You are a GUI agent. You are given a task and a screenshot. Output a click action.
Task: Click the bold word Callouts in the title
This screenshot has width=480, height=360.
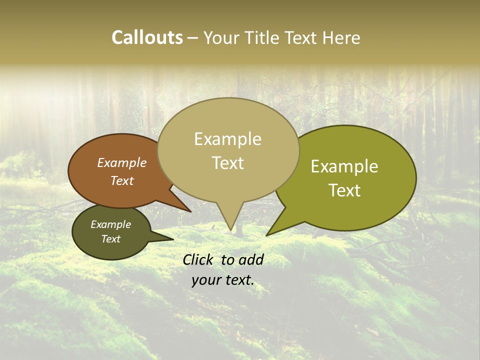(147, 37)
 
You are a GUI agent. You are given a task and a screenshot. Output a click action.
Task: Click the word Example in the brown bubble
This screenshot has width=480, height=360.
(121, 163)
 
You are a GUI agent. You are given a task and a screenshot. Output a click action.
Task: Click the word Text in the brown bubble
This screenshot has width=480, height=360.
(121, 181)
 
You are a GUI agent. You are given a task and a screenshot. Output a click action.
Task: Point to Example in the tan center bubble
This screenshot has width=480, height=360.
(227, 139)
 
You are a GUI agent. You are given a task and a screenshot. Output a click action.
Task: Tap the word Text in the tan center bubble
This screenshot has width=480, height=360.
(227, 163)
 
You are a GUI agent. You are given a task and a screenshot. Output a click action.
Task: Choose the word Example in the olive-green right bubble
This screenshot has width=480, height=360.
(344, 166)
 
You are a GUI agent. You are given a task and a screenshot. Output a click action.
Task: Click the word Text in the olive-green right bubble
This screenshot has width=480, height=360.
(344, 190)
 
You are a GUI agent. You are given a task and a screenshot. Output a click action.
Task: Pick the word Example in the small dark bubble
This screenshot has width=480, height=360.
(110, 224)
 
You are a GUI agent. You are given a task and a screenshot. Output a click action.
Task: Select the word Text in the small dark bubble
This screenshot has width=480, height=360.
(110, 239)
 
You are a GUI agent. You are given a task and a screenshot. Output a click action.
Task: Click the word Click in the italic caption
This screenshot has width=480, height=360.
(199, 259)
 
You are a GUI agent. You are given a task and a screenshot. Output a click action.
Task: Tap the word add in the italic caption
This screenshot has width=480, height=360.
(251, 259)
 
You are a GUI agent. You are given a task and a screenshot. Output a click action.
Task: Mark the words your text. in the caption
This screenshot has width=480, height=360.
(223, 280)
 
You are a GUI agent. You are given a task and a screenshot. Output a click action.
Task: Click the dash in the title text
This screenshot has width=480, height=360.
(193, 38)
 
